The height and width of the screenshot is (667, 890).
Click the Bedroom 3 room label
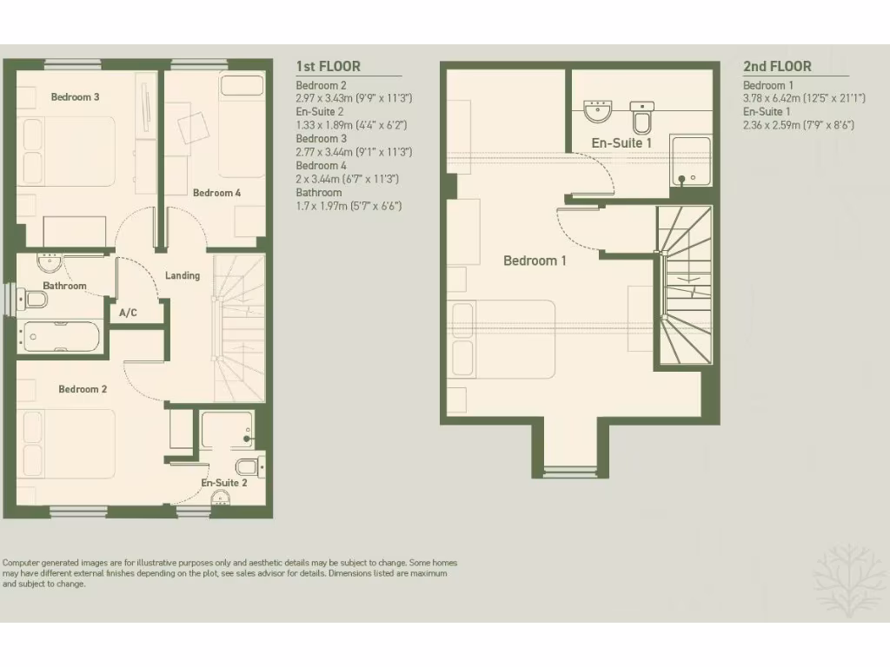[x=75, y=97]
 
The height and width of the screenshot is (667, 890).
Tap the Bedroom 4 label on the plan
[x=216, y=193]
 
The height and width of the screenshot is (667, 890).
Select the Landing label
[x=183, y=275]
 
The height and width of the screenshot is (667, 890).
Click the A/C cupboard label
[x=128, y=312]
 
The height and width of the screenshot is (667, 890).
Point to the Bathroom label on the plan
[x=65, y=286]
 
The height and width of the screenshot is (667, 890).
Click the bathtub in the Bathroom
[x=61, y=336]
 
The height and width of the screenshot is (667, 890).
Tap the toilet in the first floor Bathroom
[x=36, y=300]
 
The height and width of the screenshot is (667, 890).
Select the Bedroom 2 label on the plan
[x=83, y=389]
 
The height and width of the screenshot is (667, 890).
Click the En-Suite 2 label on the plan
[x=224, y=483]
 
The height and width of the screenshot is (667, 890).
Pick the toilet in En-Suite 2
[x=248, y=466]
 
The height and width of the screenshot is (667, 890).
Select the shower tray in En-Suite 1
[x=690, y=161]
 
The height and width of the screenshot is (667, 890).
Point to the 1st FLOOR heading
[x=328, y=66]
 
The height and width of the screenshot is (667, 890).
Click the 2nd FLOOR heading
[x=777, y=66]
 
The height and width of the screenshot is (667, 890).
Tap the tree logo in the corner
[x=848, y=578]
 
